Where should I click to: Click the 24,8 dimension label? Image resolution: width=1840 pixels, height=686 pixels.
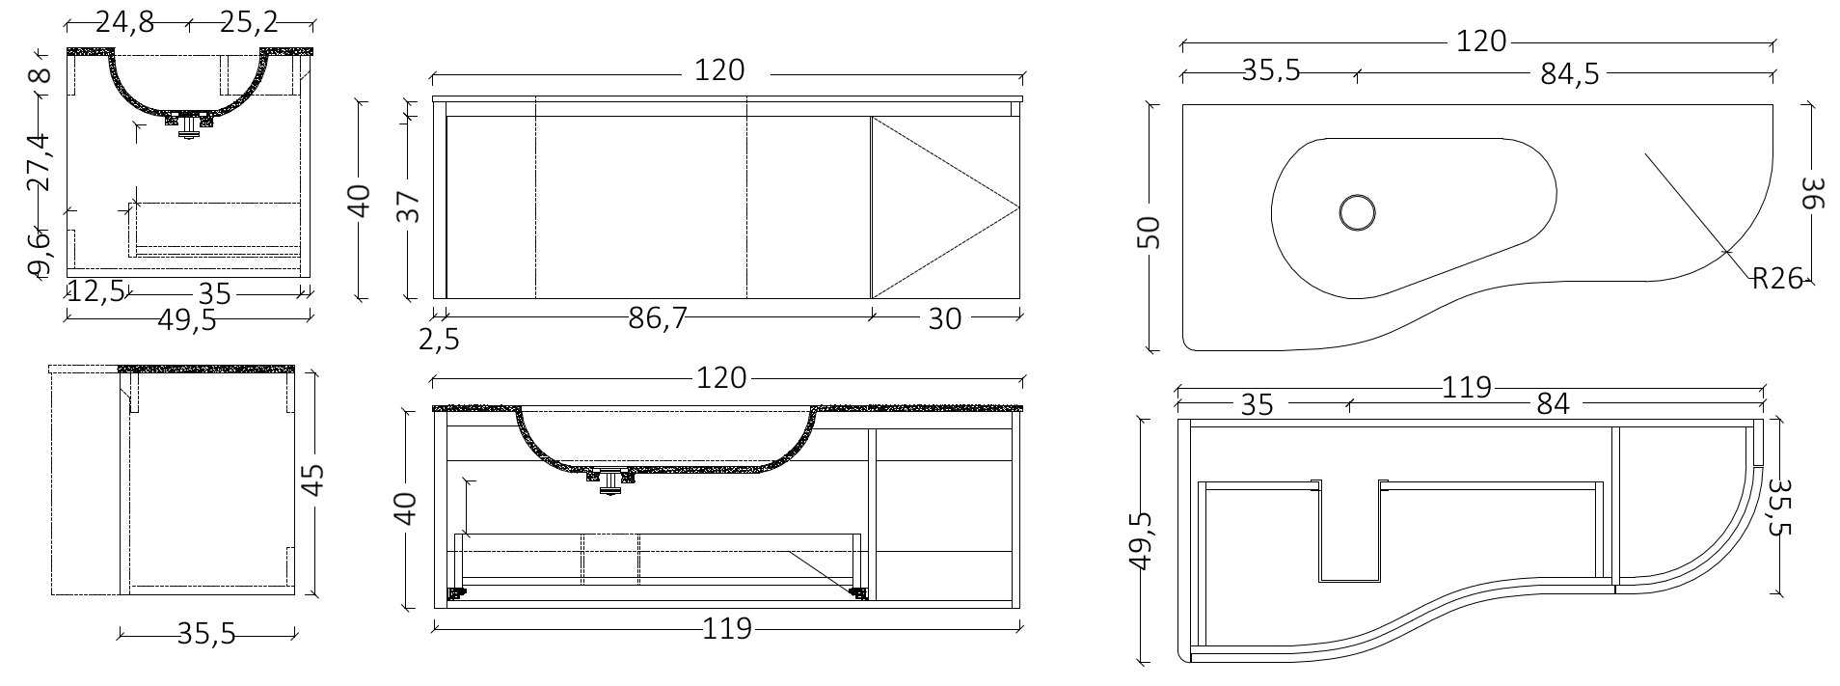coord(124,22)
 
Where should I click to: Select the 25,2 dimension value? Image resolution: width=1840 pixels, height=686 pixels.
coord(249,22)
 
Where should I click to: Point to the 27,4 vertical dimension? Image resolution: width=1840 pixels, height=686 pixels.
coord(38,162)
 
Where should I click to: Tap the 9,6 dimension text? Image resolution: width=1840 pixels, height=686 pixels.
coord(38,253)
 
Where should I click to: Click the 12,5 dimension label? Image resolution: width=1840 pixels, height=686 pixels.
coord(96,292)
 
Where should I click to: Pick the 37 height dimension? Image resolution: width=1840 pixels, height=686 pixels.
coord(410,206)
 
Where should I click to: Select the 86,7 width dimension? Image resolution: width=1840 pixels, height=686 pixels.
coord(658,318)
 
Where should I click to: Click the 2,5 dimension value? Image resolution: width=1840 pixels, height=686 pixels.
coord(439,339)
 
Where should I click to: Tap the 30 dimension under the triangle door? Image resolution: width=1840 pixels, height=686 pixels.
coord(945,318)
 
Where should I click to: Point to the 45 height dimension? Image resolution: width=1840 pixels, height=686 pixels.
coord(313,480)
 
